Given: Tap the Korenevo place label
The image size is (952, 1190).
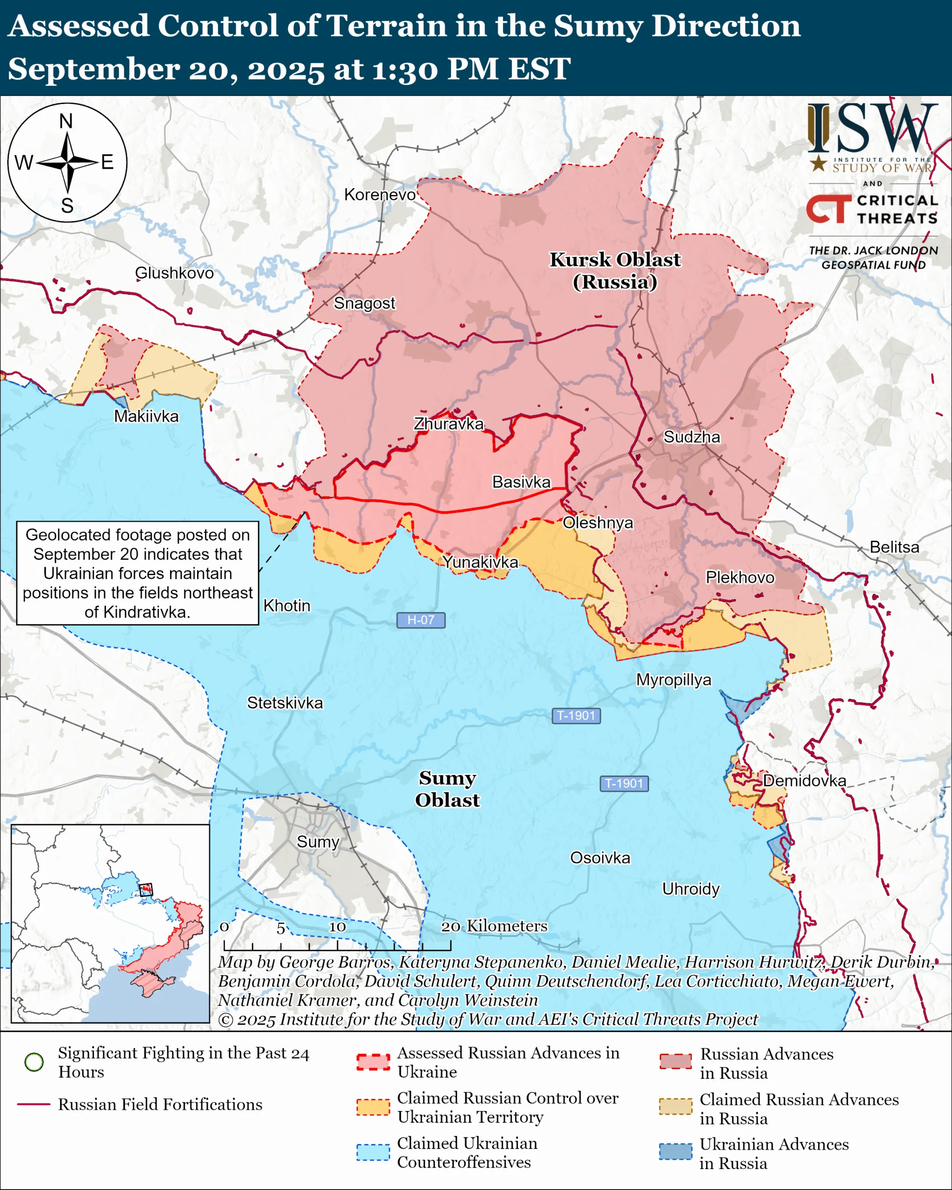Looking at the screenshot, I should coord(380,195).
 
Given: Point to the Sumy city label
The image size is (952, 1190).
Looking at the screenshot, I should coord(317,842).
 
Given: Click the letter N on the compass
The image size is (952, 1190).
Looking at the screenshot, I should coord(66,121).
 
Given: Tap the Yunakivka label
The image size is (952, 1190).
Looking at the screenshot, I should coord(480,562).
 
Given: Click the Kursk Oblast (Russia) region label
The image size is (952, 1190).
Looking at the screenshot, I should coord(615,271).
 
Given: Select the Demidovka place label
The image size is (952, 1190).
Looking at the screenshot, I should coord(804,780).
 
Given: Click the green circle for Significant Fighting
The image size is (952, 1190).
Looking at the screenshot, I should coord(34,1061).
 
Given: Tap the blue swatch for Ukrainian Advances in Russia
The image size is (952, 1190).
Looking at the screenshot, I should coord(675,1151).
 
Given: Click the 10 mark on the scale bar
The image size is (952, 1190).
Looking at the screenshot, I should coord(337,927).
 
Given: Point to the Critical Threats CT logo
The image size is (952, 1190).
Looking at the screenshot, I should coord(828,209).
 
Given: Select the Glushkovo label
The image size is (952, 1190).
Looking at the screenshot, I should coord(174,273).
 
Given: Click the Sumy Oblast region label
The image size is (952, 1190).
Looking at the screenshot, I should coord(447,789).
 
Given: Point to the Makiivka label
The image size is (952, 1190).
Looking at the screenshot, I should coord(146,416).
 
